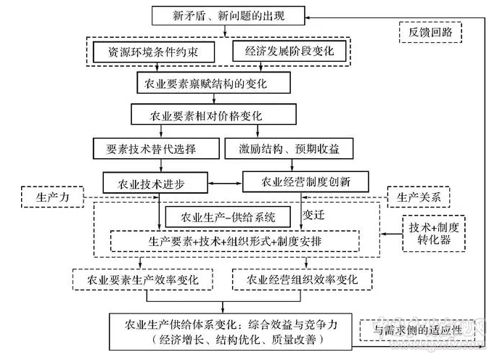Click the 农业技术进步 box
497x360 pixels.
[154, 180]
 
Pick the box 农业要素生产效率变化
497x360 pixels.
[145, 279]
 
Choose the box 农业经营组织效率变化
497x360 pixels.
[303, 279]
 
